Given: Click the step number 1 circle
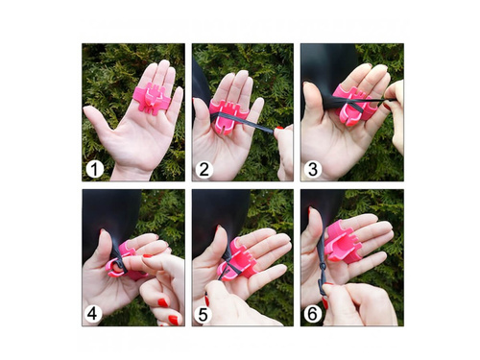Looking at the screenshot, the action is click(95, 170).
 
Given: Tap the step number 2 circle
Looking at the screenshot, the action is click(204, 169).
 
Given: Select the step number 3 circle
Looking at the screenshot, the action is click(313, 169).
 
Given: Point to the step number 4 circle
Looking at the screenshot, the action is click(93, 314).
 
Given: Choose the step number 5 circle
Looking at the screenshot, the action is click(203, 315).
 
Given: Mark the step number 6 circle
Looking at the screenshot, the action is click(312, 314).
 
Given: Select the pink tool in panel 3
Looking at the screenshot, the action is click(352, 104).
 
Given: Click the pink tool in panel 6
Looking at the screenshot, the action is click(344, 240).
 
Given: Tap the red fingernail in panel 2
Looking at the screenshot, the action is click(278, 128).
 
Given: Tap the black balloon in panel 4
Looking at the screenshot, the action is click(110, 218).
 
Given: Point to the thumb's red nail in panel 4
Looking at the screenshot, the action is click(103, 231).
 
